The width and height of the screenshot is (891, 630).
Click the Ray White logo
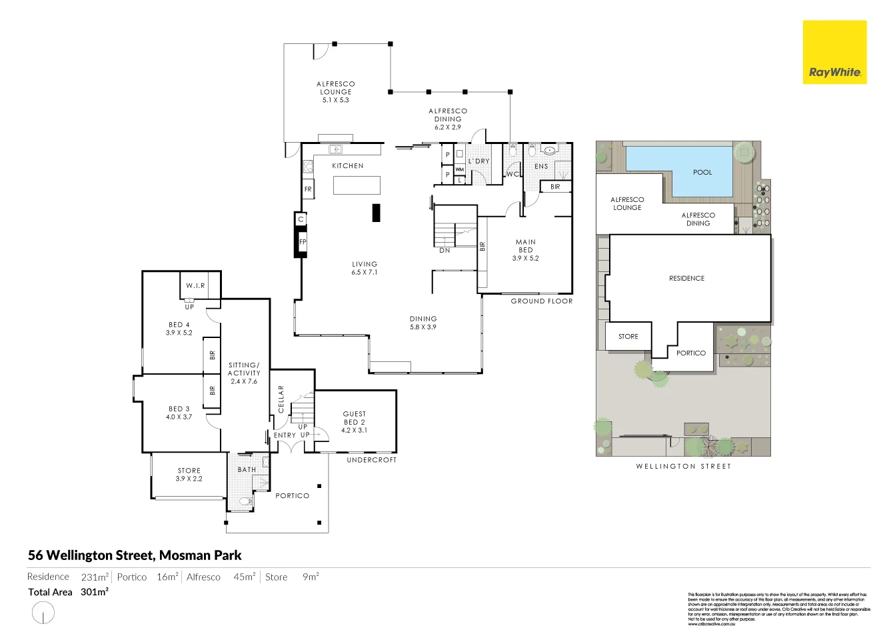(834, 52)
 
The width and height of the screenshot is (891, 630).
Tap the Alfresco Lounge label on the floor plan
(336, 92)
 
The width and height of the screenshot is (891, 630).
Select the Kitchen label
(348, 166)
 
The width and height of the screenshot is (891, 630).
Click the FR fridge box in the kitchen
(308, 189)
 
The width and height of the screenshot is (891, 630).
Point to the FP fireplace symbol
(302, 242)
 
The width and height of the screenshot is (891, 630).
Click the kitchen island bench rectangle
(357, 185)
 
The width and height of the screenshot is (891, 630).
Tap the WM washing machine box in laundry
(459, 170)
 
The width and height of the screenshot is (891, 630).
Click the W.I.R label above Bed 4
(195, 286)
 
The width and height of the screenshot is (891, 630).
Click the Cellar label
(281, 399)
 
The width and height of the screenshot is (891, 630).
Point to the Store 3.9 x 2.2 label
(189, 475)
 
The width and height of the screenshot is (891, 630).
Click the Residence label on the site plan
(686, 279)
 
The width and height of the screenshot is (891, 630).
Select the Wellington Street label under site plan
(683, 467)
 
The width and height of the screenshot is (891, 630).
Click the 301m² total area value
(95, 592)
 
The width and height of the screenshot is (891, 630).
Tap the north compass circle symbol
(43, 613)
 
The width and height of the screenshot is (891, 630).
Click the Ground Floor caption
(541, 301)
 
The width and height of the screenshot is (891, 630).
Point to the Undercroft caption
(371, 460)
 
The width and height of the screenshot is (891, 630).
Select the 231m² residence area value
(95, 577)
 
